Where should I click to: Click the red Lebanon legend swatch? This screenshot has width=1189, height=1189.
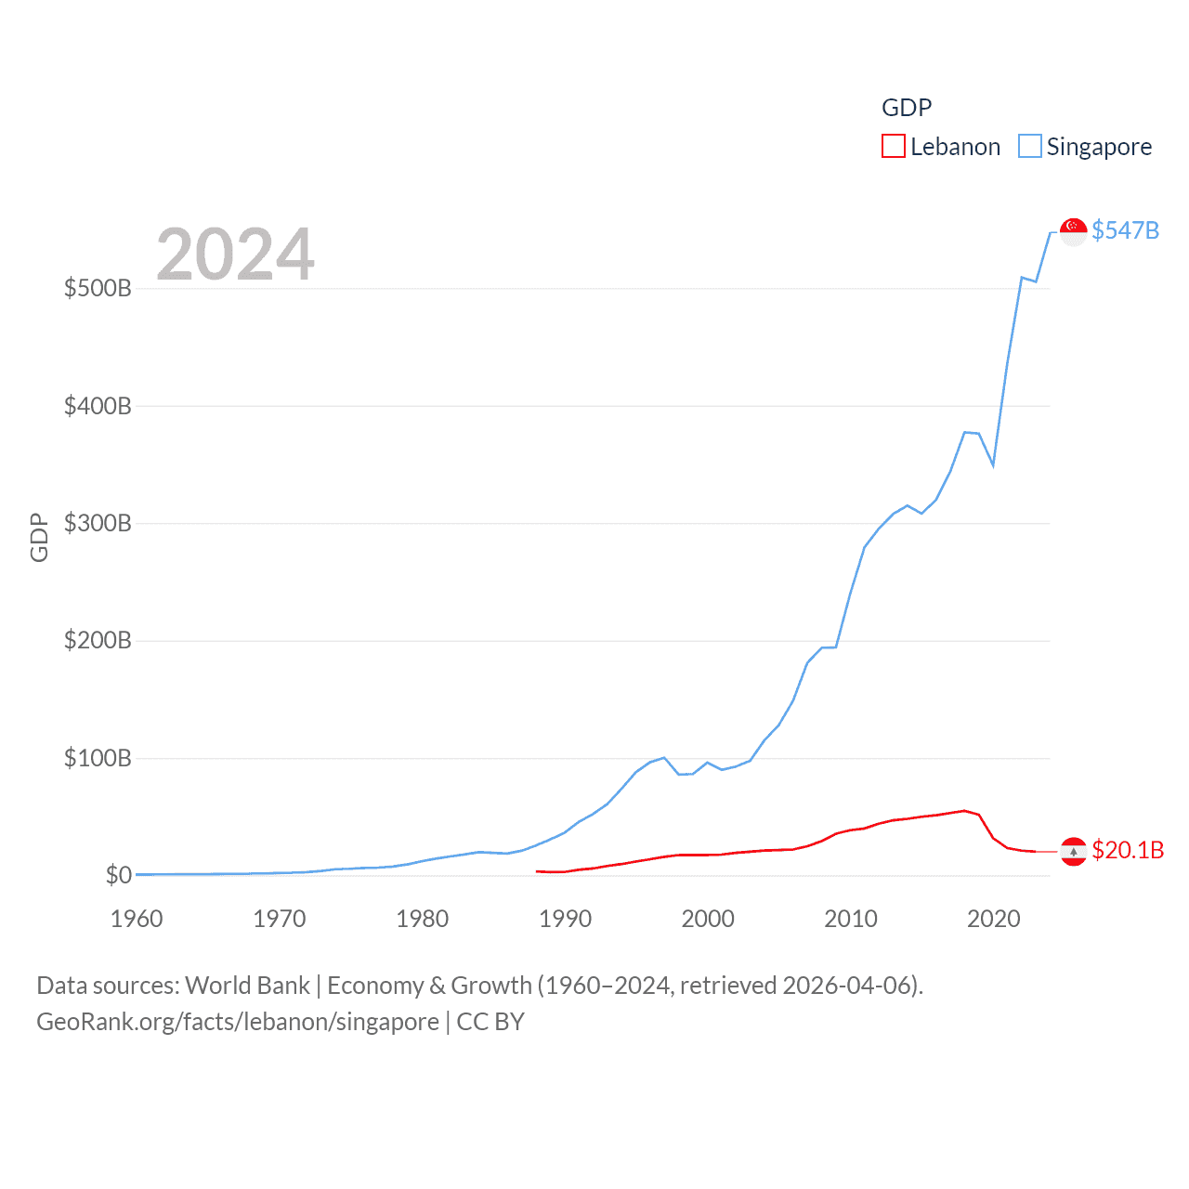(893, 146)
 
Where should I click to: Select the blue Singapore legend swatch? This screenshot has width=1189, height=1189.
(1029, 146)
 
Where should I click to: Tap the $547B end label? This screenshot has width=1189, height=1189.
(1125, 230)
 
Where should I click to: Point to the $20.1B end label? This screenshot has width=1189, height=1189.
(1128, 850)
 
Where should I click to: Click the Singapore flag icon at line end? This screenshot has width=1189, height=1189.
(1074, 231)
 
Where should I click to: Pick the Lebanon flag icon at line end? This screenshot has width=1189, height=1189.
(1074, 851)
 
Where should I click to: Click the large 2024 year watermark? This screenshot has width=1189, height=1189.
(235, 255)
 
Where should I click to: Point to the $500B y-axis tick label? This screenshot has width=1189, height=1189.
(98, 288)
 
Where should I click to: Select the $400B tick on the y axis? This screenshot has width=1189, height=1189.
(98, 406)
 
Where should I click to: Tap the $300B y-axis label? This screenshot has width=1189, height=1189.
(98, 523)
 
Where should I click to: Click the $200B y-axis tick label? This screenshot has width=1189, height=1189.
(98, 640)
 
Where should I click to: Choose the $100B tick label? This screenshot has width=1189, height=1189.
(98, 758)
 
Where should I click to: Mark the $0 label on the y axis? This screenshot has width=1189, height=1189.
(119, 875)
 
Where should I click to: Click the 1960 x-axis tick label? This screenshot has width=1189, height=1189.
(137, 919)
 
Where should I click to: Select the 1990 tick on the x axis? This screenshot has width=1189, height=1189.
(565, 919)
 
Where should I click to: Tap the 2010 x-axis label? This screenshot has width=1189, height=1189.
(851, 919)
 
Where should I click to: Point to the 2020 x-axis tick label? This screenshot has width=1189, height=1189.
(994, 919)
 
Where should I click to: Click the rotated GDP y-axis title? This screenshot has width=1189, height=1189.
(39, 537)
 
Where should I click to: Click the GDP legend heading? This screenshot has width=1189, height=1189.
(906, 108)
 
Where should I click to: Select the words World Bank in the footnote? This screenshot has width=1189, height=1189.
(247, 985)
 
